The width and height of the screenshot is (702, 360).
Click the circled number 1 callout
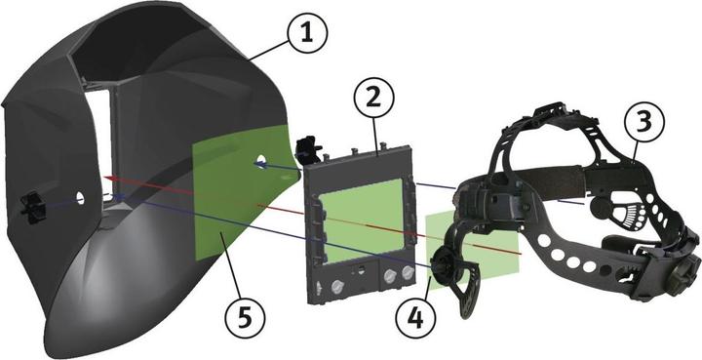pos(305,34)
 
